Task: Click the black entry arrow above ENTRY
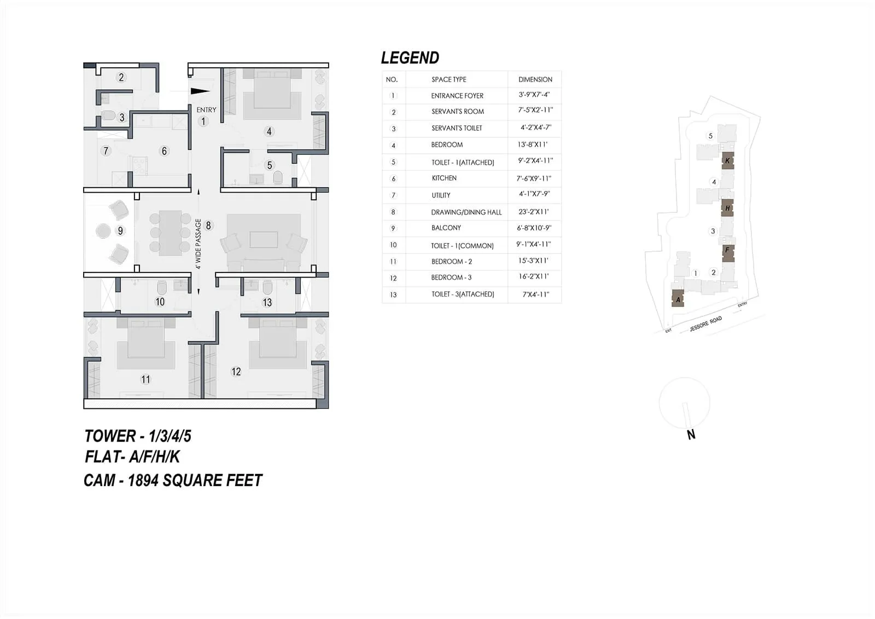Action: coord(200,92)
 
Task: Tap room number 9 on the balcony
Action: coord(120,230)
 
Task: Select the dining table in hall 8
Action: coord(170,233)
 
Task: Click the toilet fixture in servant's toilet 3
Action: coord(108,115)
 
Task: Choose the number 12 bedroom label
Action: coord(236,372)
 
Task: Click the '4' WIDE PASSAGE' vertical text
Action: coord(199,244)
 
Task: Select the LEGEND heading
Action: coord(410,58)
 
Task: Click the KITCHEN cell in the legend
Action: coord(444,178)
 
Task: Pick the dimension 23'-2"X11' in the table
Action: coord(533,212)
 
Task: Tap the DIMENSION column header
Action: coord(535,79)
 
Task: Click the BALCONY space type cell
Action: coord(446,228)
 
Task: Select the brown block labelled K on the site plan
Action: coord(727,161)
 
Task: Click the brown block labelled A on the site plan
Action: coord(678,299)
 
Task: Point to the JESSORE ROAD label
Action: coord(705,323)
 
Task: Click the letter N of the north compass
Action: coord(691,435)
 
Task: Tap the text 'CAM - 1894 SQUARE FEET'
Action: coord(173,481)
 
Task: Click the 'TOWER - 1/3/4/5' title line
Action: coord(137,436)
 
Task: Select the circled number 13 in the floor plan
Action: coord(267,302)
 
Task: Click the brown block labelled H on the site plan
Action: coord(727,208)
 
